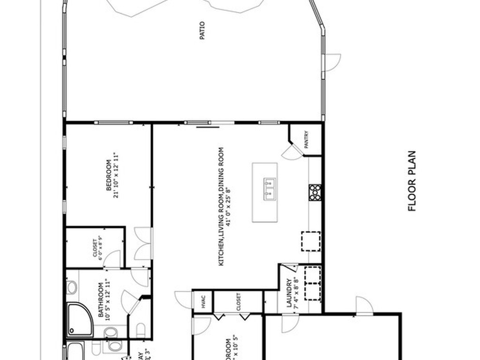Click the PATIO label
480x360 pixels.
(202, 30)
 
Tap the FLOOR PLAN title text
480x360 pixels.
(412, 181)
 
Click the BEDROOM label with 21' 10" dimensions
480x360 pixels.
(109, 176)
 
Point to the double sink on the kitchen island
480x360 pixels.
(270, 188)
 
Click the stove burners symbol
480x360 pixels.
(315, 192)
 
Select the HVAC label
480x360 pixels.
(203, 302)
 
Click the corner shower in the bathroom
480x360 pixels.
(80, 320)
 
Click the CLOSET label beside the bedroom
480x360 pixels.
(95, 249)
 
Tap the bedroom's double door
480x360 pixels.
(143, 243)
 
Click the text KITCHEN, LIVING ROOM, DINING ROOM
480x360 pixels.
(221, 207)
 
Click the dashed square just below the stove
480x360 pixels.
(310, 241)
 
